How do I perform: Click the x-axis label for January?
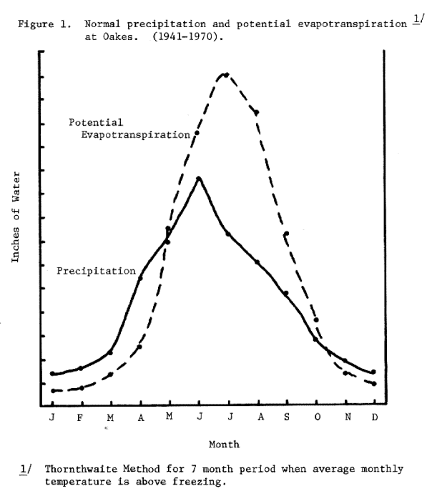click(52, 417)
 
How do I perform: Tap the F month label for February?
click(81, 417)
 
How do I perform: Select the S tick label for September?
click(286, 417)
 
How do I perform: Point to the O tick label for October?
click(316, 417)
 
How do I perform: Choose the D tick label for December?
click(374, 417)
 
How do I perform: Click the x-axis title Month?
click(224, 444)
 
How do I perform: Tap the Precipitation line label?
click(96, 271)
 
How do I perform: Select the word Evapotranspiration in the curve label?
click(135, 134)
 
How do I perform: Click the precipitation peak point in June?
click(198, 178)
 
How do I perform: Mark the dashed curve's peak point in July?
click(226, 74)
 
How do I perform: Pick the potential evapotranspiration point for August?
click(256, 112)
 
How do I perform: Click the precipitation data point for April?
click(140, 277)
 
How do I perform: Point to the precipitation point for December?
click(374, 372)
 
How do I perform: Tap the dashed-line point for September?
click(286, 234)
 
